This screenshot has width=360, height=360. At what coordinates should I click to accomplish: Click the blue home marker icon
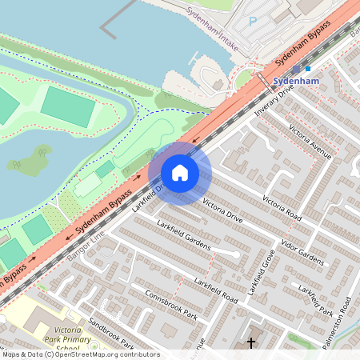pos(180,173)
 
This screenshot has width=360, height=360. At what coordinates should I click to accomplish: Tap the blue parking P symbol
pos(254,22)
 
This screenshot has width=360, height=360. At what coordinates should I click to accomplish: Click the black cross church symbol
pos(251,342)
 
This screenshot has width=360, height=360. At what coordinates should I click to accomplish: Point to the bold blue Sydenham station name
pos(295,82)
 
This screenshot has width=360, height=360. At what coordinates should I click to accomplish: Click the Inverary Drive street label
pos(275,100)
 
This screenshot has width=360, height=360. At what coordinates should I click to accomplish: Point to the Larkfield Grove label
pos(261,274)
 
